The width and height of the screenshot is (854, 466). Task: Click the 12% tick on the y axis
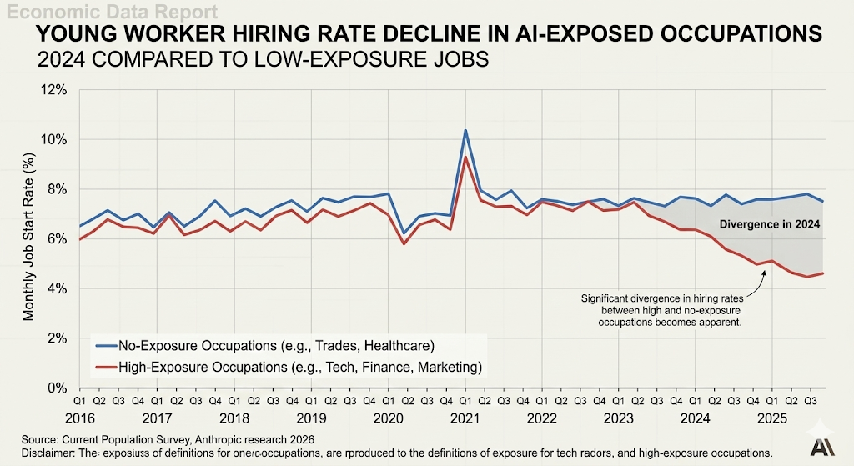pos(54,89)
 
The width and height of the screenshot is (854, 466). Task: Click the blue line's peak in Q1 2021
pos(465,130)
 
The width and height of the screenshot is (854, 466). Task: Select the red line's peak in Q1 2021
pos(465,157)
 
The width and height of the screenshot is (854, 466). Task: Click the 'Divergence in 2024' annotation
pos(770,225)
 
